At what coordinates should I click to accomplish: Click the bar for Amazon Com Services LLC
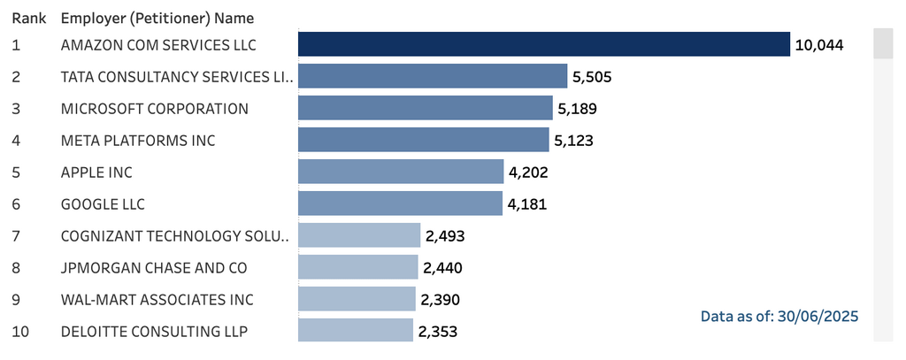543,44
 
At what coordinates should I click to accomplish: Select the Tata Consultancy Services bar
432,76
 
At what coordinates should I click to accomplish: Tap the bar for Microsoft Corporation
425,109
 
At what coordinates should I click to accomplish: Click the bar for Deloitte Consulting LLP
355,332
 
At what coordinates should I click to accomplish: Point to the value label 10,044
819,45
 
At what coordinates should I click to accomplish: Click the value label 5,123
573,141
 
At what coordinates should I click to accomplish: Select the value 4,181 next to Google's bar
527,204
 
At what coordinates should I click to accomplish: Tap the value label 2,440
442,268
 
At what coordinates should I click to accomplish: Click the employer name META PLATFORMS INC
138,141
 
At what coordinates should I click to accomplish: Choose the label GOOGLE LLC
103,204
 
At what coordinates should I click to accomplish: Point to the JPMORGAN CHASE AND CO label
154,268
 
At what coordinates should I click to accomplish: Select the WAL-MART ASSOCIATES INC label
157,300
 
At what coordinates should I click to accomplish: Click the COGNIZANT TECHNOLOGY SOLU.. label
175,236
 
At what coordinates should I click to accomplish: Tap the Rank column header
28,18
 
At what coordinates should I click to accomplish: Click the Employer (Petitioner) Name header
157,18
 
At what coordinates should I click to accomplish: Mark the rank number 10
19,332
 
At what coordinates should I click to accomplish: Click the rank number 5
16,172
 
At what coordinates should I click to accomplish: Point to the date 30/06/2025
818,316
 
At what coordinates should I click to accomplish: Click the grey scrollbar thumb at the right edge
883,43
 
